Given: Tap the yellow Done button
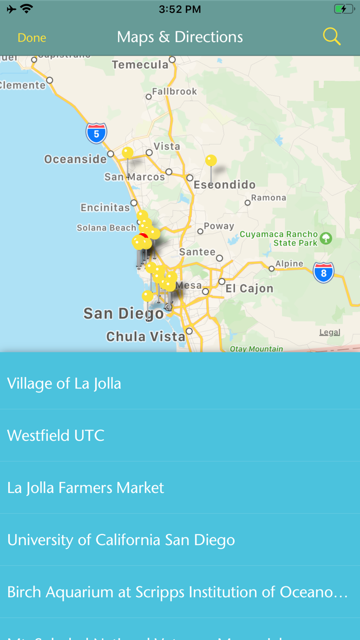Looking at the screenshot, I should pyautogui.click(x=32, y=38).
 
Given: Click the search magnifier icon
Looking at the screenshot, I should pyautogui.click(x=332, y=37).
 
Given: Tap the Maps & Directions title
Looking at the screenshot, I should pyautogui.click(x=180, y=37).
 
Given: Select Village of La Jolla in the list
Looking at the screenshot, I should pyautogui.click(x=64, y=383).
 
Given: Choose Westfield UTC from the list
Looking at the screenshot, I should pyautogui.click(x=56, y=436).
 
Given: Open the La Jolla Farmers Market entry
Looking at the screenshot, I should pyautogui.click(x=86, y=488).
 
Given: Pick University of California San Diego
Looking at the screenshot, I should pyautogui.click(x=121, y=540).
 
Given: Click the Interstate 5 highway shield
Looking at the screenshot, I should pyautogui.click(x=96, y=133).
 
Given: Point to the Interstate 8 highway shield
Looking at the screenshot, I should pyautogui.click(x=323, y=273).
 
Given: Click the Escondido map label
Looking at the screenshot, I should pyautogui.click(x=225, y=185).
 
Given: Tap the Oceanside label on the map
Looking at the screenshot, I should pyautogui.click(x=76, y=159).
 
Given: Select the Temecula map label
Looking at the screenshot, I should pyautogui.click(x=140, y=65).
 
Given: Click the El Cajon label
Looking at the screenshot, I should pyautogui.click(x=249, y=289).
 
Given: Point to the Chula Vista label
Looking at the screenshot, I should pyautogui.click(x=145, y=337).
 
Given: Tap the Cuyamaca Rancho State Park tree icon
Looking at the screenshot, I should pyautogui.click(x=326, y=238).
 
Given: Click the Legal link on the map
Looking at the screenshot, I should pyautogui.click(x=330, y=332).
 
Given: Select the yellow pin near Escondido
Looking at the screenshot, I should pyautogui.click(x=211, y=161).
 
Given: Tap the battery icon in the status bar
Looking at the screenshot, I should pyautogui.click(x=343, y=9).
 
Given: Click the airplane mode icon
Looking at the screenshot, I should pyautogui.click(x=11, y=9).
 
